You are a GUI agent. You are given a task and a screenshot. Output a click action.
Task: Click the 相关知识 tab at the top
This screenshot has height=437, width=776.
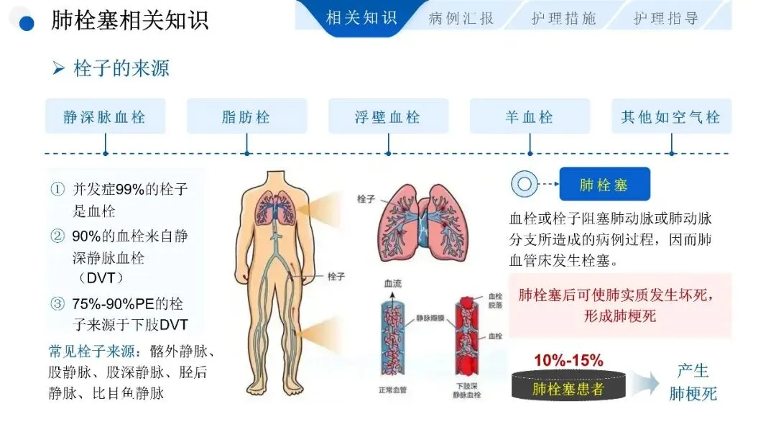click(x=361, y=18)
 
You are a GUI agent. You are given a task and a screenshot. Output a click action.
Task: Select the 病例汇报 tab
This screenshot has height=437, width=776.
click(x=461, y=18)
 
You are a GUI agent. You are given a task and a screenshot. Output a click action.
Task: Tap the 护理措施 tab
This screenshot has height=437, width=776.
click(x=563, y=18)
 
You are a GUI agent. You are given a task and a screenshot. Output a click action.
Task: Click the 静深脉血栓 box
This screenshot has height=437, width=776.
click(x=105, y=116)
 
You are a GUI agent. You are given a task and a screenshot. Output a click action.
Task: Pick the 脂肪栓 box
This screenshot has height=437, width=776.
click(x=246, y=116)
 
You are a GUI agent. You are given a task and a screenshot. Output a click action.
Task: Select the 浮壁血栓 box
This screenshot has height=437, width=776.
click(x=388, y=116)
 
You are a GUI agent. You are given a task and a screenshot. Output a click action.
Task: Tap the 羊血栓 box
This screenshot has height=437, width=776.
click(x=530, y=116)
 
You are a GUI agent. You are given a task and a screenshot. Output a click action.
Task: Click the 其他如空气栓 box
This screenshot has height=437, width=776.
click(x=671, y=116)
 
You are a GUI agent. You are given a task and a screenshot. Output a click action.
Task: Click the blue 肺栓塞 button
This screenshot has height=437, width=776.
click(x=604, y=185)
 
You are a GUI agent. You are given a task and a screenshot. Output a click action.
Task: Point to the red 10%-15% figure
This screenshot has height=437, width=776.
click(x=568, y=360)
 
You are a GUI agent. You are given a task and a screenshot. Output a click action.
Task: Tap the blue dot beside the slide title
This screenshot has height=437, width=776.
click(x=27, y=23)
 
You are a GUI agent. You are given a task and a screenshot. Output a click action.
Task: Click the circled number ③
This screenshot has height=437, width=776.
click(x=57, y=303)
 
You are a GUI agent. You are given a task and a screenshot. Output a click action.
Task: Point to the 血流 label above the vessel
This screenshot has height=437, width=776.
click(x=393, y=285)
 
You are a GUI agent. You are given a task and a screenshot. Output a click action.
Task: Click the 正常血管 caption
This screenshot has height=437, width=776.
click(x=393, y=391)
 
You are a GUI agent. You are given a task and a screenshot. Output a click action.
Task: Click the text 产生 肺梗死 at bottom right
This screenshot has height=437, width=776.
click(x=693, y=382)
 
